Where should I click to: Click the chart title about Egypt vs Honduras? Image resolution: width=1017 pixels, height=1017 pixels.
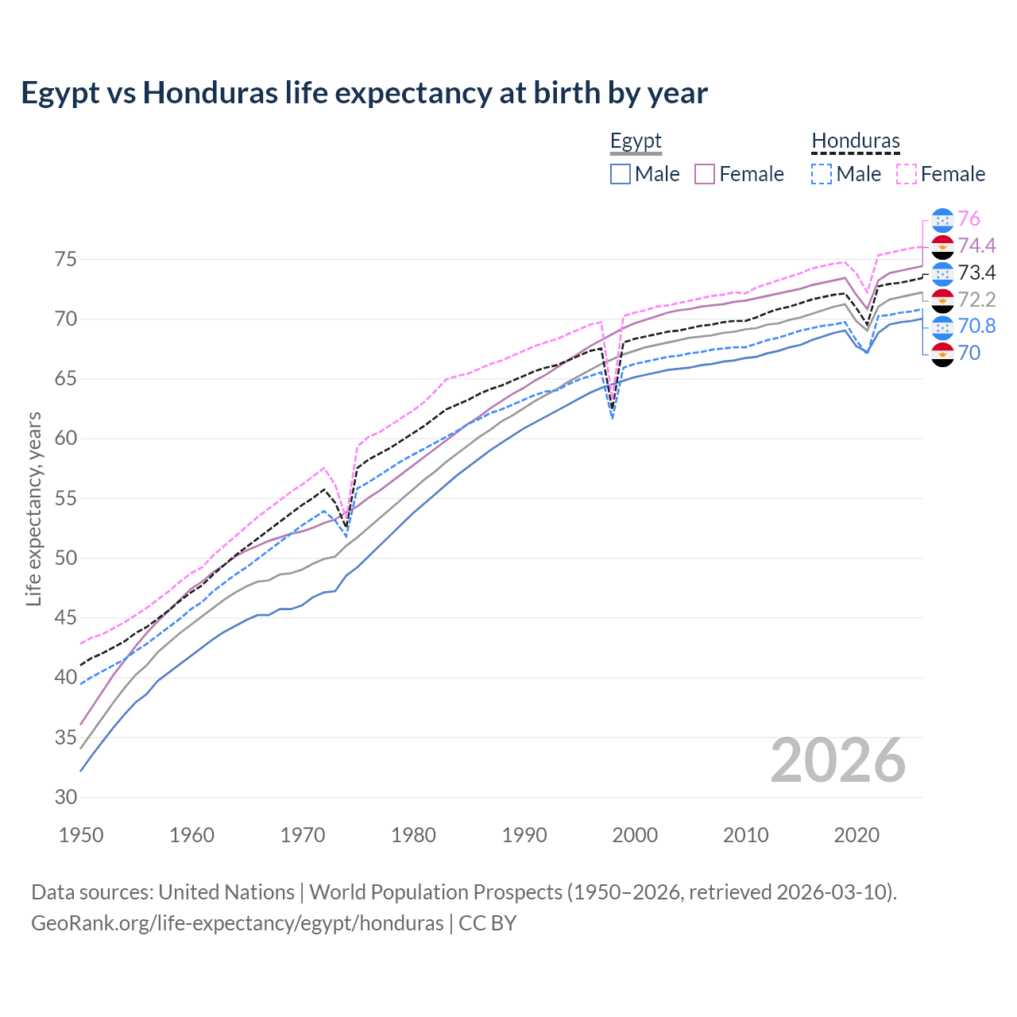point(364,93)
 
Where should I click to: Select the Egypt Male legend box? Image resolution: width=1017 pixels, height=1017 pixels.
point(621,174)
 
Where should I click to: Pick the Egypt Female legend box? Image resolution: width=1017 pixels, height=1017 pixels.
point(705,174)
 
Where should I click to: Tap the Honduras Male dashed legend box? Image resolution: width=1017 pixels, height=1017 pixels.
point(822,174)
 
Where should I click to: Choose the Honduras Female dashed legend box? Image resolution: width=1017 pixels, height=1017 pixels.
point(907,174)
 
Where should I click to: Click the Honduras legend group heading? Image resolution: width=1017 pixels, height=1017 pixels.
point(856,141)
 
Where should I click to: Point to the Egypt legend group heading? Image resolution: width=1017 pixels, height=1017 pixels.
point(636,141)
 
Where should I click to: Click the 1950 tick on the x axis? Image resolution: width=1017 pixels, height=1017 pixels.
point(81,835)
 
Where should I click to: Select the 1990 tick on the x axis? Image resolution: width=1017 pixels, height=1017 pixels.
point(524,835)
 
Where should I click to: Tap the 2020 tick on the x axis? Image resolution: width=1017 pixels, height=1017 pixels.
point(857,835)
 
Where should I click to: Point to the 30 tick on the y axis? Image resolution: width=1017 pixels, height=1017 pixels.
point(66,797)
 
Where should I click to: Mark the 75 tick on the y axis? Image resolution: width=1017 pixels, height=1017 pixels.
point(66,259)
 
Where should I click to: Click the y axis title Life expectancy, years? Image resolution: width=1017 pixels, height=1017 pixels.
point(34,508)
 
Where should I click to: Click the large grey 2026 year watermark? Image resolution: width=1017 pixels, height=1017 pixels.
point(838,760)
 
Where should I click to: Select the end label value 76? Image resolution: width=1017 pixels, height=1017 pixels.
point(969,219)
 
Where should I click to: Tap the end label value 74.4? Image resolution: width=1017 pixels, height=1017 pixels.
point(976,246)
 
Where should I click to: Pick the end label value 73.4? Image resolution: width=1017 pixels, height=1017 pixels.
point(976,273)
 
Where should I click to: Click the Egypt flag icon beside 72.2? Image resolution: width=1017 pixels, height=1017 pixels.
point(942,300)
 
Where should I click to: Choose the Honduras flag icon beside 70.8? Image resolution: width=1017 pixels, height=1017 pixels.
point(942,327)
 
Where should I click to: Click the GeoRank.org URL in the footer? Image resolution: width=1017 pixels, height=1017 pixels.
point(237,923)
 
